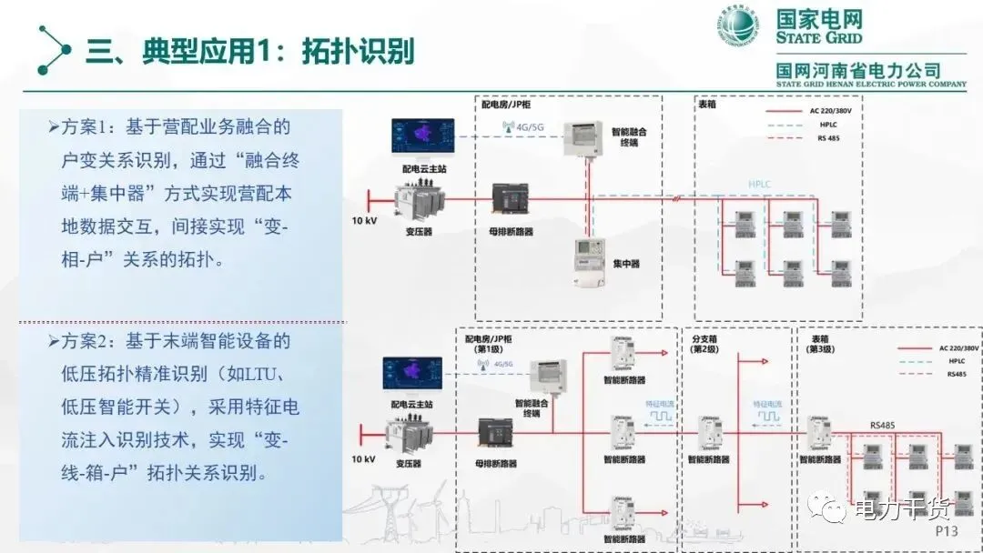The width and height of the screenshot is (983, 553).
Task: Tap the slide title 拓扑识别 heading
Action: click(249, 50)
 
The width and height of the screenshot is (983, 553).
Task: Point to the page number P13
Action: click(947, 530)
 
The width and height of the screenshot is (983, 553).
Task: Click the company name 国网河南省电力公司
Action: click(858, 70)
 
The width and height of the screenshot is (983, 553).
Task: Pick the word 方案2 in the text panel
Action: click(90, 342)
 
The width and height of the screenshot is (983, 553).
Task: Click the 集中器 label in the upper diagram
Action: click(625, 264)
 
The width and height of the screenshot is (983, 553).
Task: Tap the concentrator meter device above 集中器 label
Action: click(590, 262)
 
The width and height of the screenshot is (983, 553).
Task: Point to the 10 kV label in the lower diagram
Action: click(362, 459)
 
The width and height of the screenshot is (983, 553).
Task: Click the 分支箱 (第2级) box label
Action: click(704, 344)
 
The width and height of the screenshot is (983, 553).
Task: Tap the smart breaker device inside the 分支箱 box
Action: click(709, 434)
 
